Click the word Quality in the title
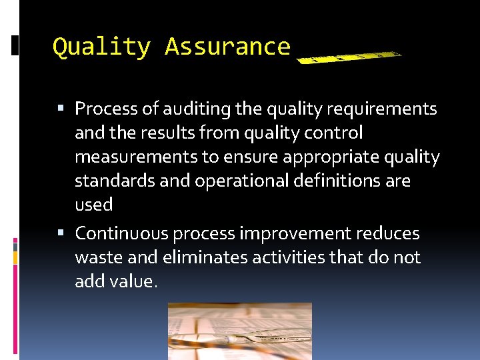101,47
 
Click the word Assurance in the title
227,47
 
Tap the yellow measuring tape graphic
348,57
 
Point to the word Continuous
121,234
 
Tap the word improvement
295,234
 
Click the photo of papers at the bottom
239,331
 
